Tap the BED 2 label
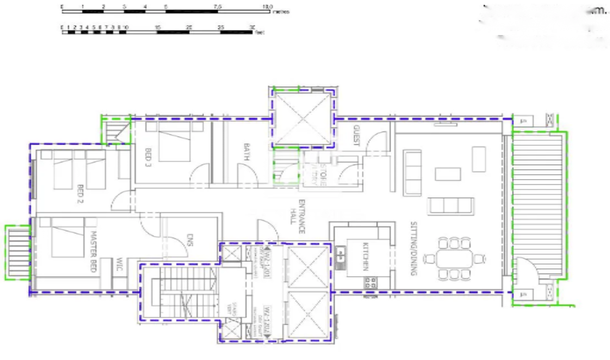80,193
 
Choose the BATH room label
247,151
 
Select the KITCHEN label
364,256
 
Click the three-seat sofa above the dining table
450,206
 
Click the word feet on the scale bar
259,32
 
